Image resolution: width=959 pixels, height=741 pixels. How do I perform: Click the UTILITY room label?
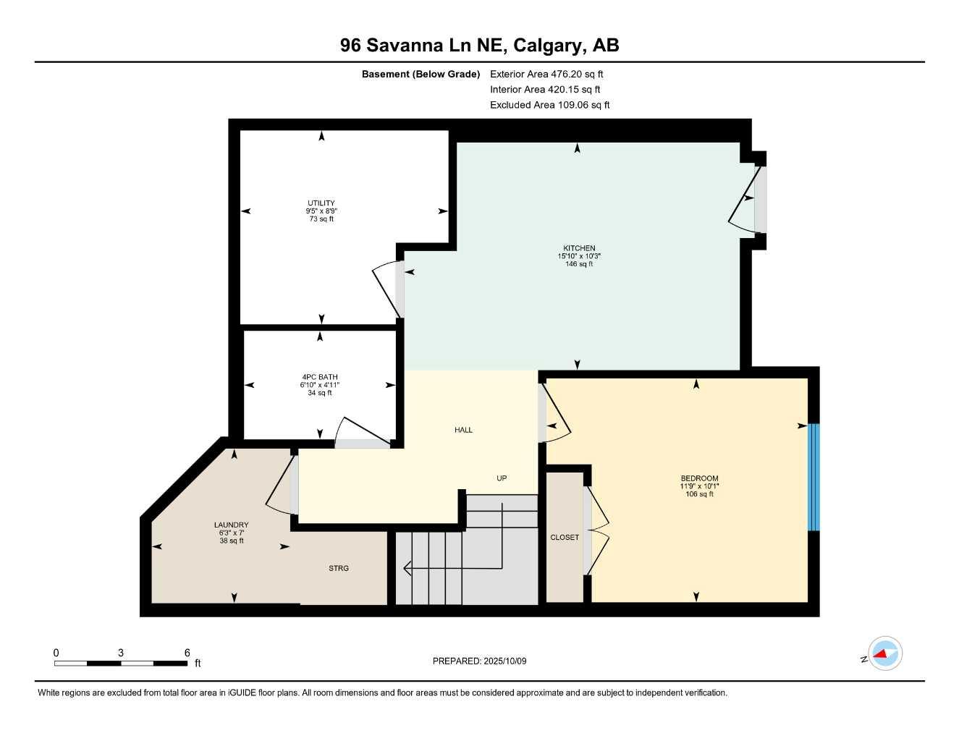tap(321, 203)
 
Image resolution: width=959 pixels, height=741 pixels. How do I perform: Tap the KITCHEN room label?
tap(579, 248)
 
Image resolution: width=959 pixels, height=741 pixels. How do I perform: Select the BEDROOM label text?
tap(699, 478)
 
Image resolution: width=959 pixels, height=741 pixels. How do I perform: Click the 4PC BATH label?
tap(320, 377)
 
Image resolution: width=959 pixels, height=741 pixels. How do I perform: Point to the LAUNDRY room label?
tap(231, 525)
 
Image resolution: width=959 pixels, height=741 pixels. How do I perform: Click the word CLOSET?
tap(565, 538)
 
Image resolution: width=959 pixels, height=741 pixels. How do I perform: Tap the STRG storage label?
tap(339, 569)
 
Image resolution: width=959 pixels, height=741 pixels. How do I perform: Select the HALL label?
tap(463, 430)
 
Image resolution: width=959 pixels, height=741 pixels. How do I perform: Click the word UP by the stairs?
tap(502, 478)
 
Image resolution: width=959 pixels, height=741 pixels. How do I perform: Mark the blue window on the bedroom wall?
tap(814, 477)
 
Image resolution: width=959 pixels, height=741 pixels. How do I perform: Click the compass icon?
tap(884, 654)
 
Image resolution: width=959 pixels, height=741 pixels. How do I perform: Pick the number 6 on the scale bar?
tap(187, 653)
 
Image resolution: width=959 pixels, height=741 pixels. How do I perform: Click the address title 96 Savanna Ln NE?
tap(479, 46)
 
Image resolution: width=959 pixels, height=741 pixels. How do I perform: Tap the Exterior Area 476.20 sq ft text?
tap(546, 74)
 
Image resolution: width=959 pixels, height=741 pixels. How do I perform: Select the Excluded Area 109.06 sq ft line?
tap(549, 105)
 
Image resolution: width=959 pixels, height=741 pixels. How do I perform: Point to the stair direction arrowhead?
tap(407, 568)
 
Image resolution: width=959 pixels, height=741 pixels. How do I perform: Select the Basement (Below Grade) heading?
tap(421, 74)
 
